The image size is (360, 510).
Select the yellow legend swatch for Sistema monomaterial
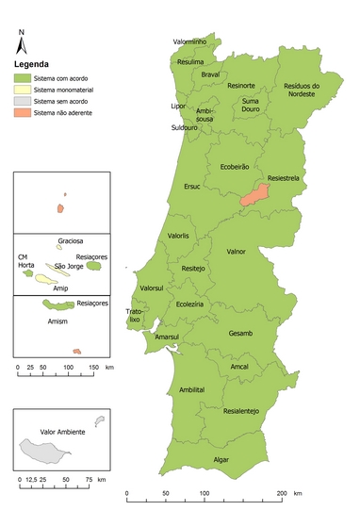click(x=21, y=89)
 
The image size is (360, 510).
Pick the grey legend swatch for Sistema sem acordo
click(x=21, y=101)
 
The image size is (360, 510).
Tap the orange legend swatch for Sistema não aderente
click(x=21, y=112)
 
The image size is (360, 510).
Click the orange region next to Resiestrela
click(x=253, y=195)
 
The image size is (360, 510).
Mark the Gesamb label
click(x=240, y=334)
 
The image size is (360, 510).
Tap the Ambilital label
click(x=191, y=389)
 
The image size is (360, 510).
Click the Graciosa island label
click(x=72, y=240)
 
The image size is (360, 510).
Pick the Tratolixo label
click(x=135, y=315)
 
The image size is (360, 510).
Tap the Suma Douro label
click(x=250, y=105)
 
